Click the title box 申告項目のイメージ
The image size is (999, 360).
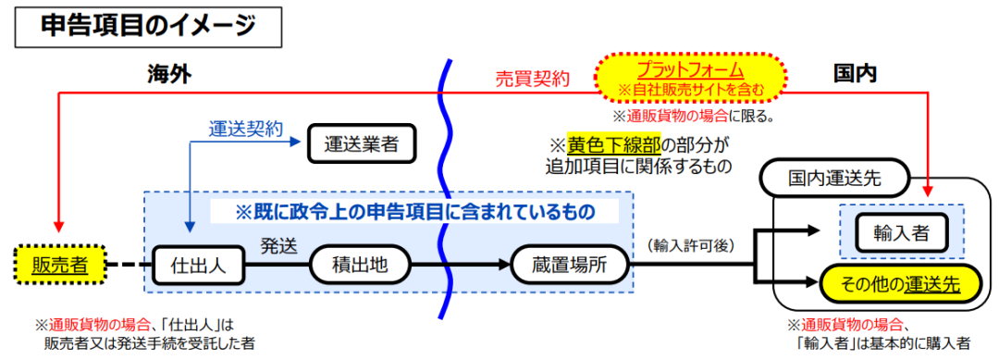coord(148,27)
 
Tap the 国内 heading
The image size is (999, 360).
coord(854,75)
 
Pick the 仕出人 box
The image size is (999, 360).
coord(200,266)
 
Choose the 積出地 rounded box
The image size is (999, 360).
coord(357,266)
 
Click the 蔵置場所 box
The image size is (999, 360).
coord(570,266)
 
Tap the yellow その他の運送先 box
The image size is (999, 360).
coord(894,283)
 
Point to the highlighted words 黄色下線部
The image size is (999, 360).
coord(613,145)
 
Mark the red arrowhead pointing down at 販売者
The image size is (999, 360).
coord(60,229)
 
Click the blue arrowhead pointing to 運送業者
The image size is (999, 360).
coord(298,143)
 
